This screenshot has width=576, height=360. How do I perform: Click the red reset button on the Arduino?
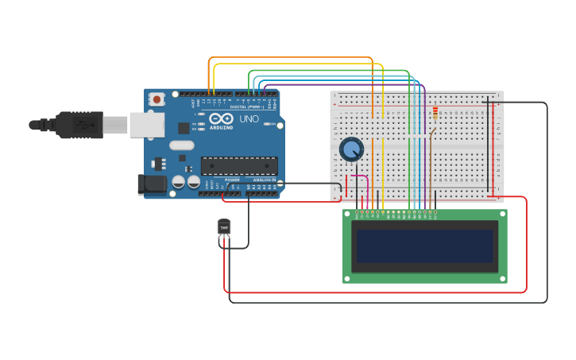pyautogui.click(x=157, y=99)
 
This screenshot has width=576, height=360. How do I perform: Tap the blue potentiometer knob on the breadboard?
pyautogui.click(x=351, y=149)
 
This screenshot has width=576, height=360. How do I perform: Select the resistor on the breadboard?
pyautogui.click(x=435, y=114)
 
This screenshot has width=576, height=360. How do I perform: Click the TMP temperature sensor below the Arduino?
pyautogui.click(x=224, y=228)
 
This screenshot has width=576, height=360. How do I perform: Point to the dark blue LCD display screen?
pyautogui.click(x=424, y=246)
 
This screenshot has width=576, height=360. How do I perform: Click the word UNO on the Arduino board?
pyautogui.click(x=249, y=119)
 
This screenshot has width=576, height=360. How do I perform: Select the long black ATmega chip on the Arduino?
pyautogui.click(x=239, y=165)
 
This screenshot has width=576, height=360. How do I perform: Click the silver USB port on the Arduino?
pyautogui.click(x=147, y=125)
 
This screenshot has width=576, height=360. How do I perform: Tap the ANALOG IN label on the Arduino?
pyautogui.click(x=265, y=180)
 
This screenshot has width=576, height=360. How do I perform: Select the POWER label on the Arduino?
pyautogui.click(x=232, y=180)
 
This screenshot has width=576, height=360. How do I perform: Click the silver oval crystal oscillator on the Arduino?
pyautogui.click(x=181, y=145)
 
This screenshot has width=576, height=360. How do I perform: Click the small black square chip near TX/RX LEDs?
pyautogui.click(x=184, y=127)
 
